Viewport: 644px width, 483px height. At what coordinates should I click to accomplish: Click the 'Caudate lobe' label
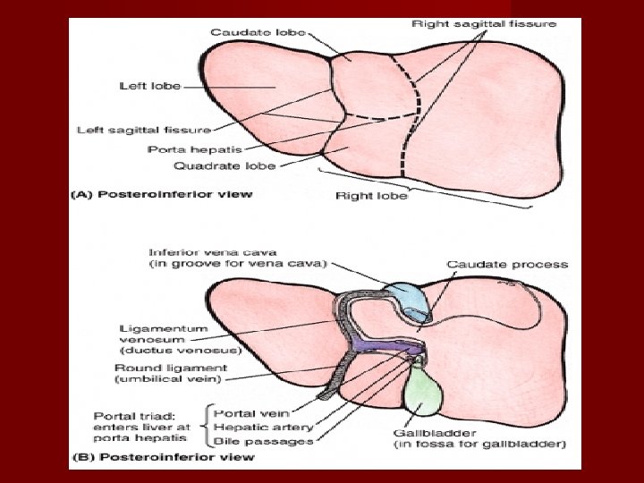(x=258, y=32)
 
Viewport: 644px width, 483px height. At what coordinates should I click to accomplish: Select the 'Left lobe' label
(x=150, y=86)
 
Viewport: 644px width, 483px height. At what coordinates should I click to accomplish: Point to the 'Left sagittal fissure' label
(x=144, y=131)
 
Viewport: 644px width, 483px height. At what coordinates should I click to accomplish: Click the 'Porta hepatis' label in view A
(x=182, y=148)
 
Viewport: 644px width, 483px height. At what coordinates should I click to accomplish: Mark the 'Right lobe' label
(x=371, y=196)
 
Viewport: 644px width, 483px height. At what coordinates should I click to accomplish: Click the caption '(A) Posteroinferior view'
(x=162, y=194)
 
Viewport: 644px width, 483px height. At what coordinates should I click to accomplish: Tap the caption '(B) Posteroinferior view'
(x=162, y=457)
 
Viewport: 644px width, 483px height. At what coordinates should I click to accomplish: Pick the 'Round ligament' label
(x=171, y=368)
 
